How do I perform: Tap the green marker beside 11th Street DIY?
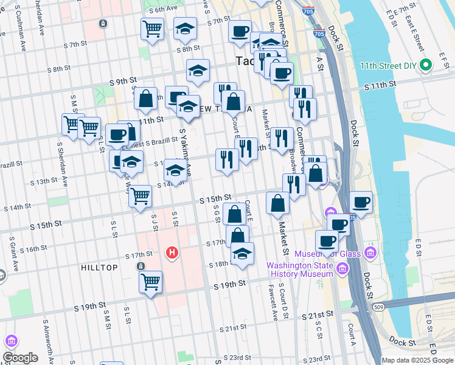427,64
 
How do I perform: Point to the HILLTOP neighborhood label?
100,267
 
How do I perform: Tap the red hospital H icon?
172,252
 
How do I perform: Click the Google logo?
20,358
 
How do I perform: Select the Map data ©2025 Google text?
417,360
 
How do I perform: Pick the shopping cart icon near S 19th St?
150,282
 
